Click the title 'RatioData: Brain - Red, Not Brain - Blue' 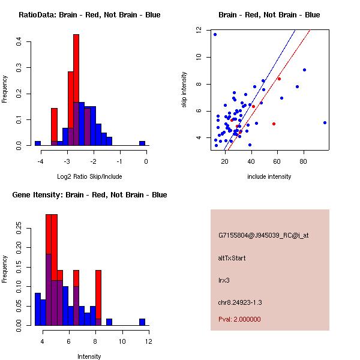point(89,15)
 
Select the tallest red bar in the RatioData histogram point(76,90)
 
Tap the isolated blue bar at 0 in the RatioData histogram point(142,143)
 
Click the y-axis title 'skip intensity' point(185,90)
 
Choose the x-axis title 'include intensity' point(269,176)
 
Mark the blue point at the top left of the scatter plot point(215,34)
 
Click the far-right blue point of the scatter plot point(325,122)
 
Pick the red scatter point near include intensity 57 point(274,124)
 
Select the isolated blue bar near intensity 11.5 point(142,322)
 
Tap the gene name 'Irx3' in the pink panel point(224,280)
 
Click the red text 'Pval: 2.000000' point(239,319)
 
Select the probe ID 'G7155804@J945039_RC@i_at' point(263,236)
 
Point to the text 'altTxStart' point(232,258)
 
